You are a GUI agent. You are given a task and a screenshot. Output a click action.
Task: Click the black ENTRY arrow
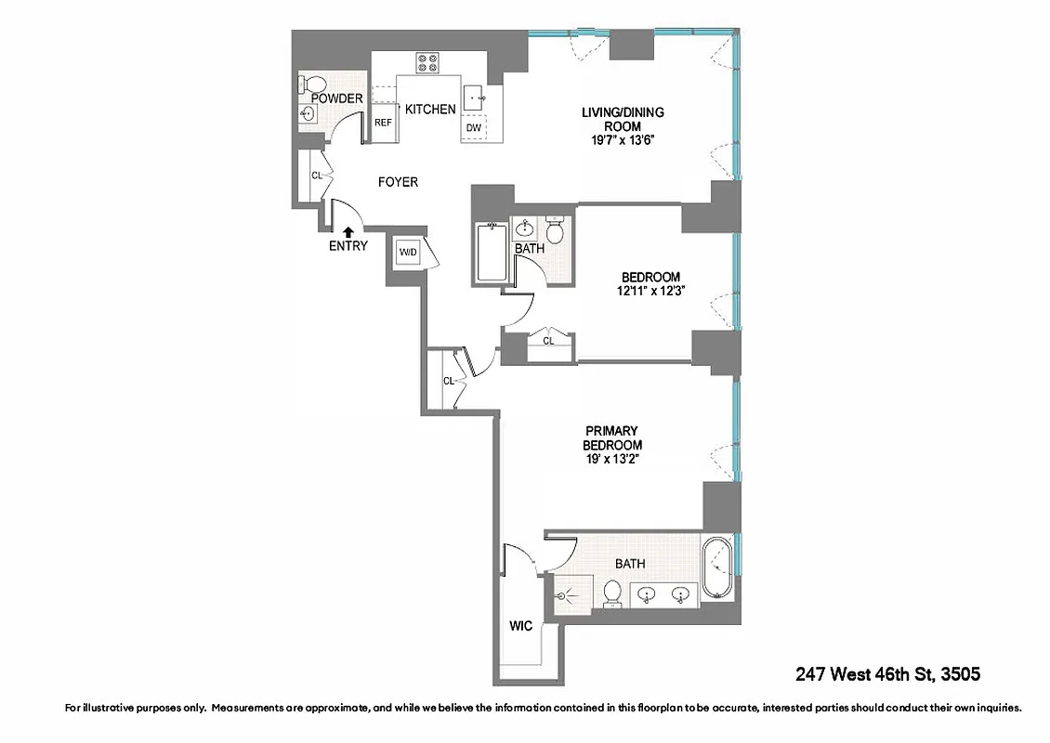(348, 232)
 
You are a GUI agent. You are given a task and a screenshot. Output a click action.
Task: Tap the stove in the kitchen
(427, 63)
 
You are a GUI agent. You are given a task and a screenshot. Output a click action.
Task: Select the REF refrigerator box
(383, 123)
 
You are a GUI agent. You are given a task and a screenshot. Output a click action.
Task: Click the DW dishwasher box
(474, 127)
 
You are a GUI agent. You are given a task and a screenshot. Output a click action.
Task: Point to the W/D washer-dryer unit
(407, 253)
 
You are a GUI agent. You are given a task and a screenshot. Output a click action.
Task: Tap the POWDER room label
(336, 98)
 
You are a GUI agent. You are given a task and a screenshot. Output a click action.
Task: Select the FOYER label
(398, 182)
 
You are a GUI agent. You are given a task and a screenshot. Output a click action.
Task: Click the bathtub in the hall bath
(490, 254)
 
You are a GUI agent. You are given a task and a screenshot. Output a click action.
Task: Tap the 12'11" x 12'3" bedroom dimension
(650, 291)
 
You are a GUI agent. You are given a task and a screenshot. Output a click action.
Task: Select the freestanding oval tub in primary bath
(716, 567)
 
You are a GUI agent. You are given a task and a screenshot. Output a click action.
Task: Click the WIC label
(520, 626)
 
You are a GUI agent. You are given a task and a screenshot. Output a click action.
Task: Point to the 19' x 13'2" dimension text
(612, 459)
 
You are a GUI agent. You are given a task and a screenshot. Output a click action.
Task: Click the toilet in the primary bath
(612, 593)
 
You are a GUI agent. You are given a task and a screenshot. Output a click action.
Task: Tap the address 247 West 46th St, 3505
(888, 673)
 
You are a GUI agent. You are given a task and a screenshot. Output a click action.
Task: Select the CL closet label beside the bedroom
(548, 341)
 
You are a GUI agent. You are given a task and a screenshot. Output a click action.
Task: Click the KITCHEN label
(430, 110)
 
